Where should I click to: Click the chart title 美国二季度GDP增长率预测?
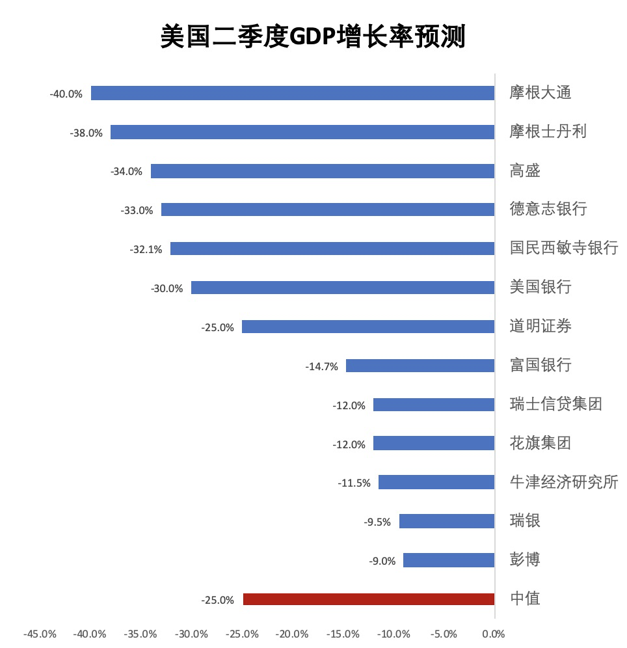[x=313, y=37]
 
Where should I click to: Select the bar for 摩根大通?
[x=293, y=93]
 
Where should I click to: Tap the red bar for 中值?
[x=369, y=599]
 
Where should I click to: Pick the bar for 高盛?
[x=323, y=171]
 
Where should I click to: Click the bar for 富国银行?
[x=420, y=366]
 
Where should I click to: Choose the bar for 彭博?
[x=449, y=560]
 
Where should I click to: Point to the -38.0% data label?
[x=86, y=133]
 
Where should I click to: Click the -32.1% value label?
[x=146, y=249]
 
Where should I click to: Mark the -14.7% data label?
[x=321, y=366]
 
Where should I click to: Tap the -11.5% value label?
[x=354, y=483]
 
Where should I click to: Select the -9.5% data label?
[x=377, y=522]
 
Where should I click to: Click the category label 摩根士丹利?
[x=548, y=131]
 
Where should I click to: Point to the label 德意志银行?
[x=548, y=209]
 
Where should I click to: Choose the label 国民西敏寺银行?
[x=563, y=248]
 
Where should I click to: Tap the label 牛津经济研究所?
[x=563, y=482]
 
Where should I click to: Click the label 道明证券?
[x=540, y=326]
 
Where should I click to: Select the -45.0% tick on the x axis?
[x=40, y=634]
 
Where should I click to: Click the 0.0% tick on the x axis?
[x=494, y=634]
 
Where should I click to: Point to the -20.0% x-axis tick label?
[x=292, y=634]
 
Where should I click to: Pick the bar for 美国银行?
[x=343, y=288]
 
